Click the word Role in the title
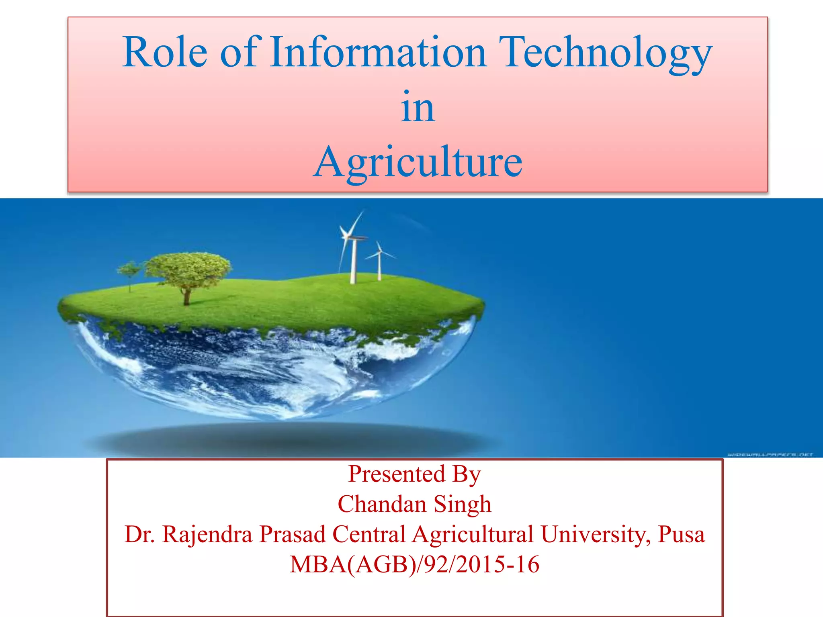point(165,52)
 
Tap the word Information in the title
point(378,52)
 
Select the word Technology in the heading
point(607,54)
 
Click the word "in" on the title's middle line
point(418,107)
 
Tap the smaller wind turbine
point(379,261)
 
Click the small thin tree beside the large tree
point(129,273)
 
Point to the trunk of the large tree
point(186,297)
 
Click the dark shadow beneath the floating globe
point(289,440)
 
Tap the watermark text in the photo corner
point(770,454)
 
